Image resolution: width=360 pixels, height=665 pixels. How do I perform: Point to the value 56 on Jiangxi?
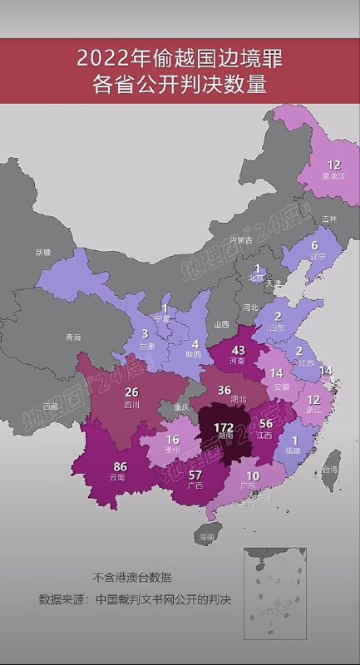266,422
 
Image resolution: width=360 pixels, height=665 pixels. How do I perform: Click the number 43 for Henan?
238,350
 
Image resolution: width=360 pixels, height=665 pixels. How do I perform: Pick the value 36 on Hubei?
224,390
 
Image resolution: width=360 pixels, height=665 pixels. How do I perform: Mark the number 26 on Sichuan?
131,392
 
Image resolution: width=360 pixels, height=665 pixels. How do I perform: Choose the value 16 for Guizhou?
173,441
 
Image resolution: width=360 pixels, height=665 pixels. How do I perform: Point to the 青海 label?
73,337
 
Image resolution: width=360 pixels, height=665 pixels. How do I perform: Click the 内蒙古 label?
248,240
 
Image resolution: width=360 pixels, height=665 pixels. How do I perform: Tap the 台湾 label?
330,470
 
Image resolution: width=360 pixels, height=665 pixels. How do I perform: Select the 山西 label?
221,324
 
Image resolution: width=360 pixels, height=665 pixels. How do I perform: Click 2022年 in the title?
109,58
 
